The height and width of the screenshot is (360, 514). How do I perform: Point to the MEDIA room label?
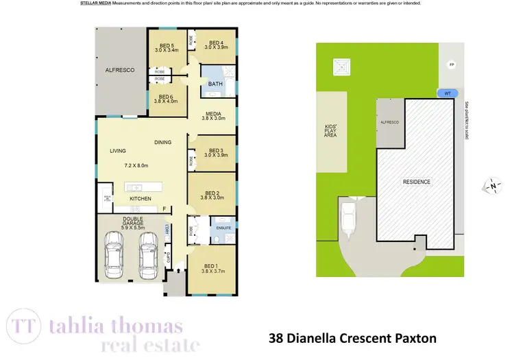[x=213, y=115]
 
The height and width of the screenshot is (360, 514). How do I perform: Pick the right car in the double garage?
[x=149, y=253]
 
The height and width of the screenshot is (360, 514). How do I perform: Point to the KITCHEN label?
[x=140, y=199]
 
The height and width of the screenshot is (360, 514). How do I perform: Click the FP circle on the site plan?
[x=450, y=65]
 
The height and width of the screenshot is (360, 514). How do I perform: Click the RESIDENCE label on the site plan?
[x=416, y=182]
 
